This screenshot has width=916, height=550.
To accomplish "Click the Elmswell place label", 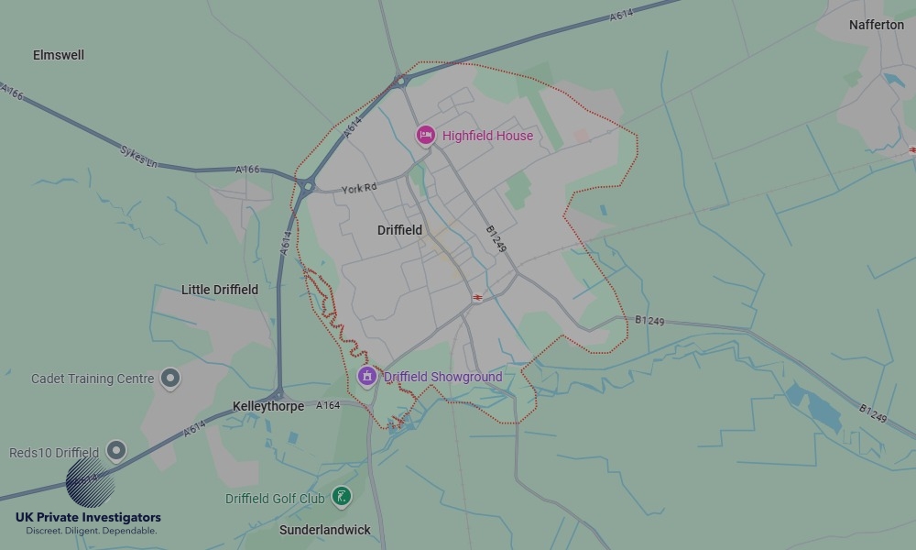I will [x=59, y=55].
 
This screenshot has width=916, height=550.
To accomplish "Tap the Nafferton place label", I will [x=876, y=25].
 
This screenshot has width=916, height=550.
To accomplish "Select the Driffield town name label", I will [x=399, y=230].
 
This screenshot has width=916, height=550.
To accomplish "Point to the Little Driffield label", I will [x=220, y=290].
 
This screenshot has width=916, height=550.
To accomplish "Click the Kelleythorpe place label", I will [x=268, y=406].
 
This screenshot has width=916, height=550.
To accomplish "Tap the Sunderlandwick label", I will [x=325, y=530].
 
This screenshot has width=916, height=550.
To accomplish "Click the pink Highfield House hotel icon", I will [x=425, y=136].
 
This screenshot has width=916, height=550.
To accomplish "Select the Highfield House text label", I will [x=487, y=136].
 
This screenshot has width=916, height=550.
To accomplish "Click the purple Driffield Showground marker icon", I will [x=367, y=376].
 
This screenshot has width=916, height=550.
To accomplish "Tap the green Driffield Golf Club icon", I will [x=342, y=497].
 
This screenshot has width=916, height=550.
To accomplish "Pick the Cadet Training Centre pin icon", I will [x=169, y=377].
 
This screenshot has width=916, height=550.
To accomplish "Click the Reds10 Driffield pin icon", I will [x=115, y=450].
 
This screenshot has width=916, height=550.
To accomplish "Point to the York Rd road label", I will [x=359, y=189].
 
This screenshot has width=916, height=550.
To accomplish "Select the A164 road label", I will [x=328, y=405].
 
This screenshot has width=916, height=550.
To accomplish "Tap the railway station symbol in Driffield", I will [x=477, y=298].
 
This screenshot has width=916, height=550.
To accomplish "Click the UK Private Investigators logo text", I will [x=88, y=518].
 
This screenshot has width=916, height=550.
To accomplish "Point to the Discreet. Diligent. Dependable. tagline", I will [x=91, y=531].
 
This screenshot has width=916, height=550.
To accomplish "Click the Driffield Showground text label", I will [x=443, y=377].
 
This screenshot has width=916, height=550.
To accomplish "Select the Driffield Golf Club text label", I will [x=275, y=499].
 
